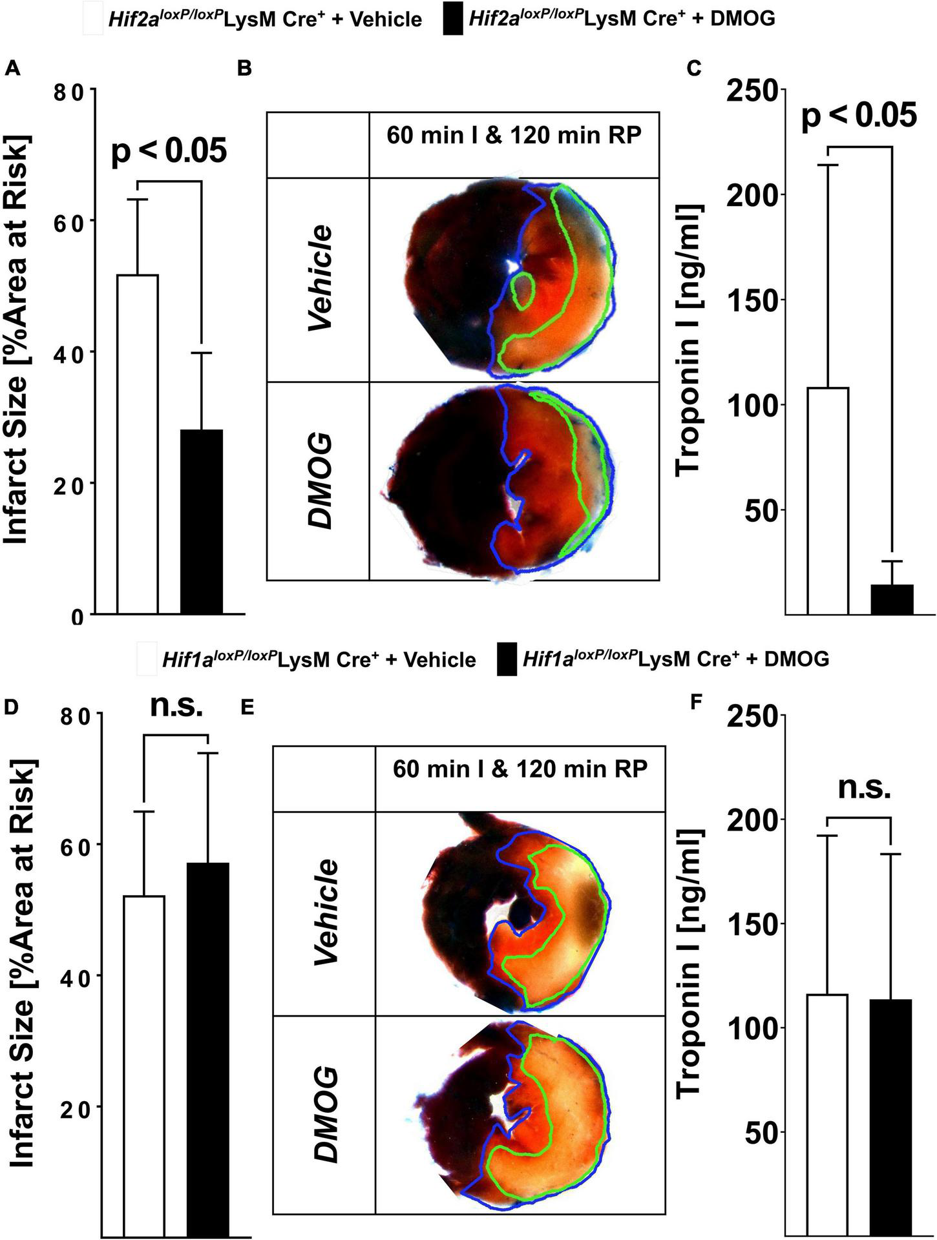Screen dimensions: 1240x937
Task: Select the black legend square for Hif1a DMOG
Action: pyautogui.click(x=507, y=659)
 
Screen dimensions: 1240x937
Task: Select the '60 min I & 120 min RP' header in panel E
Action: pyautogui.click(x=520, y=770)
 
